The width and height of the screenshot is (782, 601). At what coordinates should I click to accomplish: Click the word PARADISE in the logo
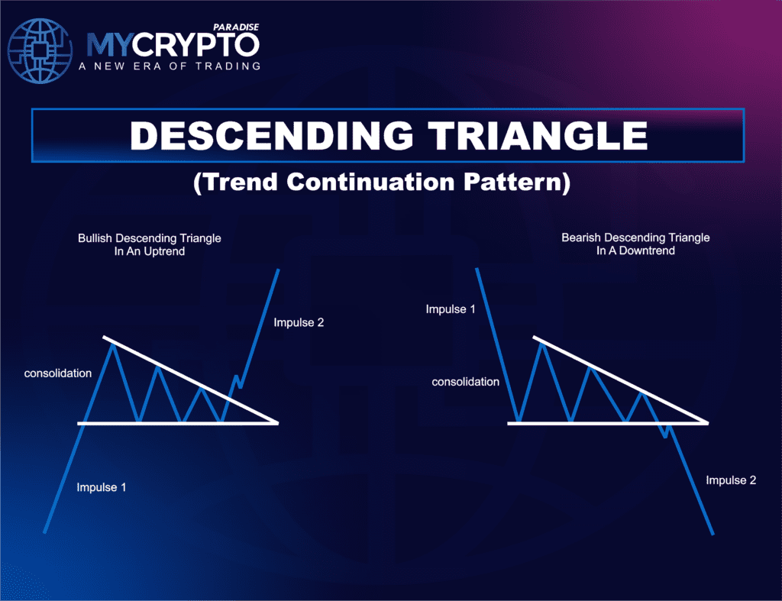238,27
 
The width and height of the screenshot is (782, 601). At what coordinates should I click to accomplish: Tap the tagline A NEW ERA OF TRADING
170,66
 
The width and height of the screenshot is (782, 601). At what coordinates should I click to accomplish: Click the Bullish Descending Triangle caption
149,244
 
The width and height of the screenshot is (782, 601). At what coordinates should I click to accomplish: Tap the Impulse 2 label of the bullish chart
299,322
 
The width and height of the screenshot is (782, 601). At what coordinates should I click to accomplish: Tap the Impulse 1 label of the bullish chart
102,487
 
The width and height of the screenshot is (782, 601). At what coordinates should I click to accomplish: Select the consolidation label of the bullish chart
58,373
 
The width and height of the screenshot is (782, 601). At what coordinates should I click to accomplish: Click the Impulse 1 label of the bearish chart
451,309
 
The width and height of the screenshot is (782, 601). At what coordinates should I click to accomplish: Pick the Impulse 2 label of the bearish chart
731,480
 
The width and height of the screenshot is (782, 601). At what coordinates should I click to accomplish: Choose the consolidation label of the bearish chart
465,381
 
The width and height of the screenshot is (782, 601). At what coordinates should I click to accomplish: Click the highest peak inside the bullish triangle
113,345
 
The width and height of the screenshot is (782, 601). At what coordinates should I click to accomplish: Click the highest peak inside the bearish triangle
542,344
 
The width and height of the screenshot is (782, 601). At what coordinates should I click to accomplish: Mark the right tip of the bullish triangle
277,422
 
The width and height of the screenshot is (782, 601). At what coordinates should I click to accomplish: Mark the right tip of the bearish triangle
707,422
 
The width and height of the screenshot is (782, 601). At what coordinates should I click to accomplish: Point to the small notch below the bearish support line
667,435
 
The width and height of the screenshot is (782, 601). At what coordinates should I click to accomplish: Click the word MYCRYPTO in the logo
172,45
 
